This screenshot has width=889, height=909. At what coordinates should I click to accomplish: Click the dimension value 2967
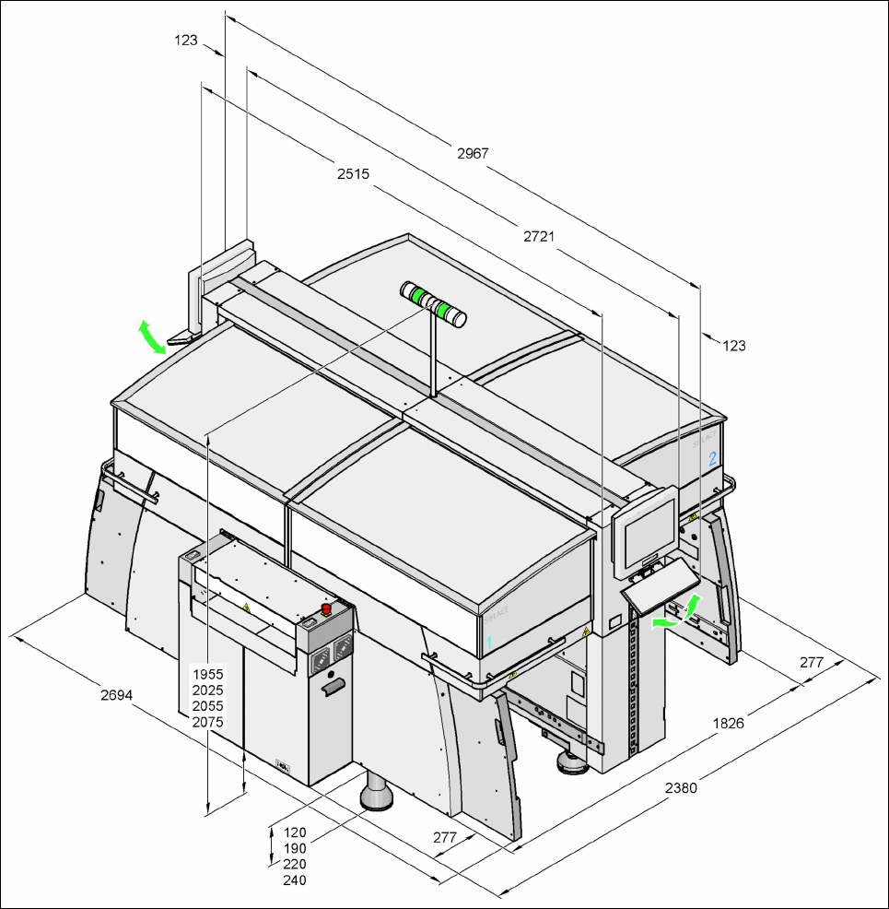473,153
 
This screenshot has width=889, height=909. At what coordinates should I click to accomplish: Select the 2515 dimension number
353,173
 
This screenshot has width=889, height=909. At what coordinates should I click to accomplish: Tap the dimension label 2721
539,237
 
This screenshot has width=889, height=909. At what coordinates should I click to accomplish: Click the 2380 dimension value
682,788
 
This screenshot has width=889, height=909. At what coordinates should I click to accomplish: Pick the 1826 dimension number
729,723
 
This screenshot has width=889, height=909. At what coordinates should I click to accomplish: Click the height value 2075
208,723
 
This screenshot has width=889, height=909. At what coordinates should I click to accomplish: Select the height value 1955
208,674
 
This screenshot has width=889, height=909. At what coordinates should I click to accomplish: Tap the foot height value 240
295,880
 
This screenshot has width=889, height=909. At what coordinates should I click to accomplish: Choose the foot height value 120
295,832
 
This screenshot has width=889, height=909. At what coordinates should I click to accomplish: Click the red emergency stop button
326,609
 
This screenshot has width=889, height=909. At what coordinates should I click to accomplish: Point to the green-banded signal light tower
433,304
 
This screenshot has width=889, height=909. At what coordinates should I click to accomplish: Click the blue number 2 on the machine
712,457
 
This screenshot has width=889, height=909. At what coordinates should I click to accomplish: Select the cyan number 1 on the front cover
489,640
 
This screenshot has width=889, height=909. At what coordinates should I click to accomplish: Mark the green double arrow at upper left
152,336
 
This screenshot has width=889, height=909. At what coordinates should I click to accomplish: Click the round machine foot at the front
377,794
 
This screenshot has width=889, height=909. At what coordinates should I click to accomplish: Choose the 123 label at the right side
733,346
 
